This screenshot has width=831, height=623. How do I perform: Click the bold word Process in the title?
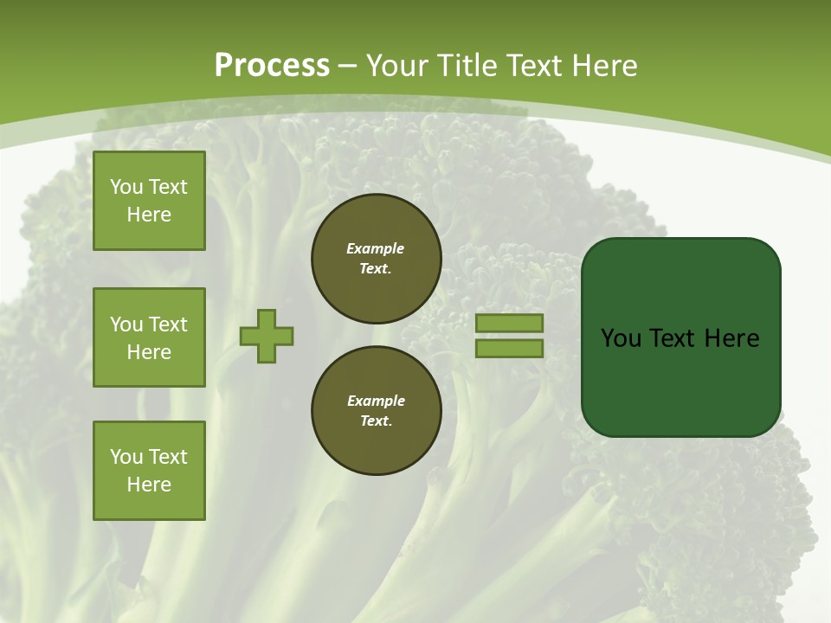272,66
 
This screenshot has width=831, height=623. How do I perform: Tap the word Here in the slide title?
603,66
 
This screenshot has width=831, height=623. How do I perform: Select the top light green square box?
149,201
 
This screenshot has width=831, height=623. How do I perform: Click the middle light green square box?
149,337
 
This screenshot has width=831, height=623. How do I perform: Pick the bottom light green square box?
149,471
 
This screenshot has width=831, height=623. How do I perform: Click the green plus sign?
267,336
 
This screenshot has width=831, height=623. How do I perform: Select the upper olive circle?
377,259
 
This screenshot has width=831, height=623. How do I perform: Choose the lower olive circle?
377,411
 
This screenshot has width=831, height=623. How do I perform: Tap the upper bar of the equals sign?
510,323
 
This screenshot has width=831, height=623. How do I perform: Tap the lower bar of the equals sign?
510,349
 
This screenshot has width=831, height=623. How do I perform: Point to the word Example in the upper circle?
375,248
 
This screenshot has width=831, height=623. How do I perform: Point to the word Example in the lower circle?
376,401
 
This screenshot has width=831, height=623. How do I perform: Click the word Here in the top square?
149,215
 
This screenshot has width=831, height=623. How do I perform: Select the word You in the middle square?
126,324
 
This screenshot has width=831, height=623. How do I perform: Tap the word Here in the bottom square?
149,485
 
